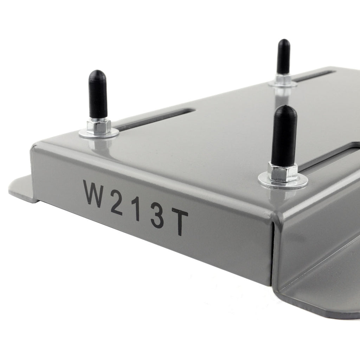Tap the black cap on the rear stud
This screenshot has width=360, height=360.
(283, 56)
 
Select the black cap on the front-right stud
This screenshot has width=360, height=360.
(284, 135)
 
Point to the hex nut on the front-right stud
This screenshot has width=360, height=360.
(283, 172)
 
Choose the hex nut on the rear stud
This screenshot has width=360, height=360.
(283, 79)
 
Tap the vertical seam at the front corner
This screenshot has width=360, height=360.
(273, 253)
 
